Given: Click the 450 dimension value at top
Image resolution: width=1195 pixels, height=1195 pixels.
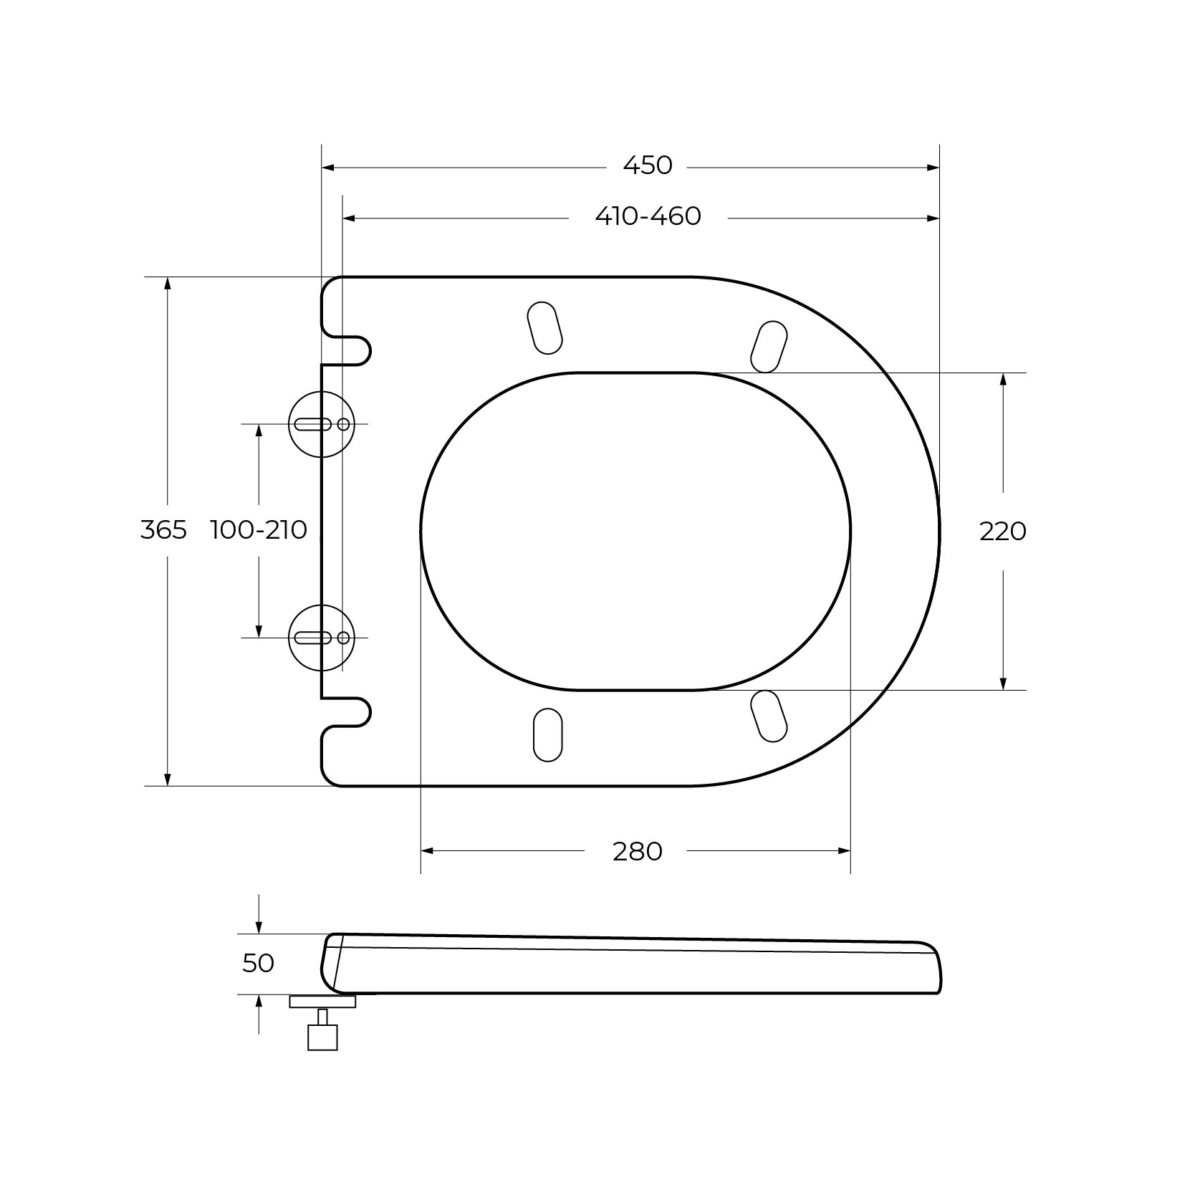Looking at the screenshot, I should [648, 165].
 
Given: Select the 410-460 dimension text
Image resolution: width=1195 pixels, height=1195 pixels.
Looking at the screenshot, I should [648, 216].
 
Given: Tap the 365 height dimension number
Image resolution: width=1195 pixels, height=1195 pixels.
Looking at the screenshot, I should [163, 530].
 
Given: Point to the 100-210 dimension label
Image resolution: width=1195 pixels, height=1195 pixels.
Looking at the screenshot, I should [259, 530].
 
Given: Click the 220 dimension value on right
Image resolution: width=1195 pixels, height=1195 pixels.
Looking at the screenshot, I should [1002, 532].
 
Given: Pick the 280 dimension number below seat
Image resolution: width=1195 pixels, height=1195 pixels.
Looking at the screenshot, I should [637, 851].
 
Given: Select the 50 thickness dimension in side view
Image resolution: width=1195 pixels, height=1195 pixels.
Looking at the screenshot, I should [258, 964].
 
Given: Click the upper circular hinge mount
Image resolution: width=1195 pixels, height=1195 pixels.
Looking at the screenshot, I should [322, 424].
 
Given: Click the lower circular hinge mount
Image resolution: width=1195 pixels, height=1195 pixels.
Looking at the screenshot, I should [322, 638].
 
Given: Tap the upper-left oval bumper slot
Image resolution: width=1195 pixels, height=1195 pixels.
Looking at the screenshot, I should [544, 328].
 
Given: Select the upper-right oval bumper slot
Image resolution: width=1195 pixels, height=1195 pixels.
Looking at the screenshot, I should [769, 347].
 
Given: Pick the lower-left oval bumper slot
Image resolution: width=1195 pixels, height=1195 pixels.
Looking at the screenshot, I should [547, 734].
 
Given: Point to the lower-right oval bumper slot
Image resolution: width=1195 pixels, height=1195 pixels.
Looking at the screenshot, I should [769, 716].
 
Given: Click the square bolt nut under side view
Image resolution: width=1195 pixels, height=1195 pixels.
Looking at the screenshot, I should [322, 1037].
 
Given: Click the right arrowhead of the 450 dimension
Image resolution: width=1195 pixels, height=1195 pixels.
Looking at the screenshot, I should [933, 168].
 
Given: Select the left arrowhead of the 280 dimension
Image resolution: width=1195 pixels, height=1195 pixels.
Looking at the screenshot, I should [427, 851].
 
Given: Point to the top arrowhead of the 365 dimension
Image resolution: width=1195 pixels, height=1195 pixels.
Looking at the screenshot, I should [168, 283].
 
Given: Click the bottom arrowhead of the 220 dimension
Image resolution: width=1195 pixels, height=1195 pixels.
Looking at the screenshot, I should [1003, 683].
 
